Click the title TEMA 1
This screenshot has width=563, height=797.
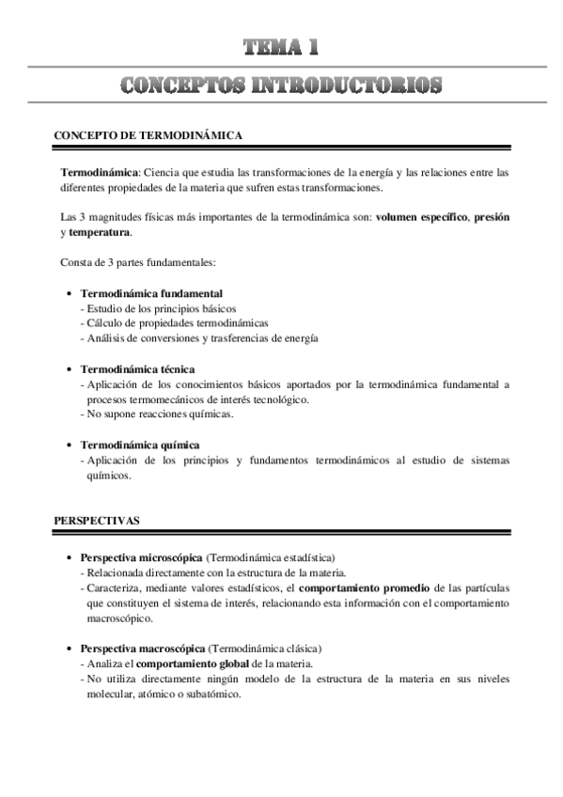pos(281,47)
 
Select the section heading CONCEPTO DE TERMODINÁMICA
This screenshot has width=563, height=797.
pos(149,135)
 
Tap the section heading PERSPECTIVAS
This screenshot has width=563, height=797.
pos(97,518)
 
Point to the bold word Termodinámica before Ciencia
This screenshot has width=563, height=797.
pos(99,172)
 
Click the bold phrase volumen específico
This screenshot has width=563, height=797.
pos(421,216)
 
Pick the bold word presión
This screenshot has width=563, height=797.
pos(492,216)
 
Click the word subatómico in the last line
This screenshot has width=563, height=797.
pos(212,694)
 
